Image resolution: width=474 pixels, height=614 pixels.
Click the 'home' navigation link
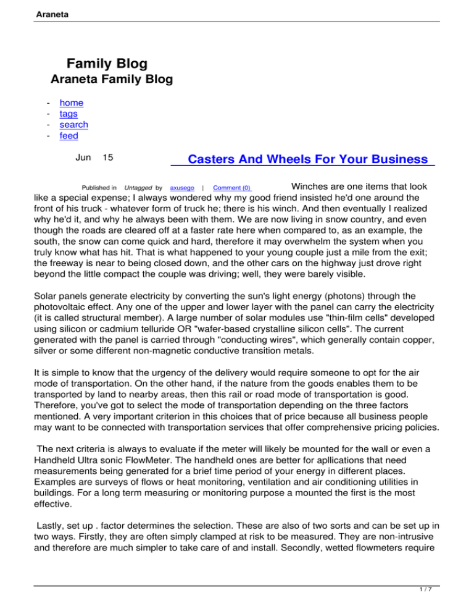71,103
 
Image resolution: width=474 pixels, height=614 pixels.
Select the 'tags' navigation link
69,114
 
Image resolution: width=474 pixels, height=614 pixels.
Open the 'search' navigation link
73,125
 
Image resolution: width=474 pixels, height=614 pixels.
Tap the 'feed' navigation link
69,136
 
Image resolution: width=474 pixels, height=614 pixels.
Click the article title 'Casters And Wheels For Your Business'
302,160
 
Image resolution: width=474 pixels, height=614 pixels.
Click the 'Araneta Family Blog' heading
111,79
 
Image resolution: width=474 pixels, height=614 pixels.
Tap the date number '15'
107,158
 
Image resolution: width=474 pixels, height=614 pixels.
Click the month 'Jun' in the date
83,158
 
